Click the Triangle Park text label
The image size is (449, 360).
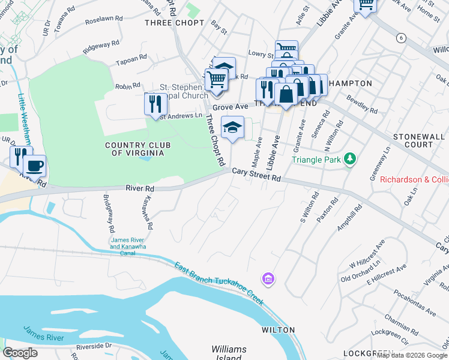[316, 160]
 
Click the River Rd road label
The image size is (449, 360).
[140, 188]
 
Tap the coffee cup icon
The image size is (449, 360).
[35, 164]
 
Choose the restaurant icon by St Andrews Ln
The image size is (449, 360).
[155, 104]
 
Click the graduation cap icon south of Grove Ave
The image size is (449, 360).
[232, 127]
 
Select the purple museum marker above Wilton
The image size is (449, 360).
[267, 278]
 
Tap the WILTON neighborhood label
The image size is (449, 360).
[278, 330]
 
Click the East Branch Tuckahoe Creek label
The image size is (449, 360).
[218, 284]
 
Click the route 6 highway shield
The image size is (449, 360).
[401, 38]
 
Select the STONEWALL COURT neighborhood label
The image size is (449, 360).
[421, 140]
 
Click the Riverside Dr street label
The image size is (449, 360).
[94, 346]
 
